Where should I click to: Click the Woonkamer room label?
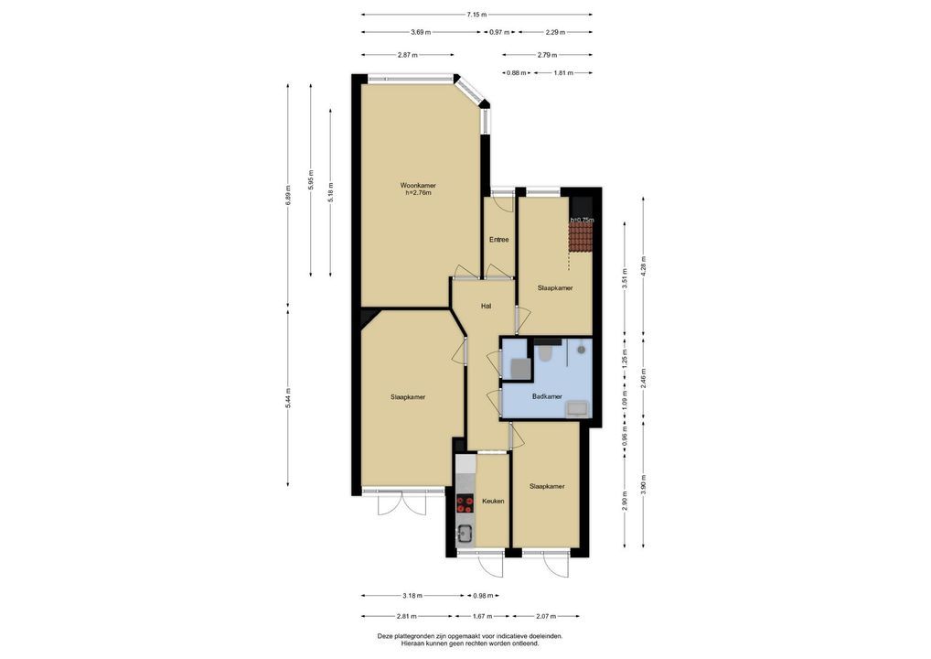point(417,186)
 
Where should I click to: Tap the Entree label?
point(498,240)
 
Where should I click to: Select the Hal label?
point(487,306)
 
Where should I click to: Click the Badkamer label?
point(547,396)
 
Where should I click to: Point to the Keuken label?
point(493,501)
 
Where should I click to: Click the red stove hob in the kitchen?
point(465,504)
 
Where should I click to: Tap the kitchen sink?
point(465,535)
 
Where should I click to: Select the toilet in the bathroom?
point(546,353)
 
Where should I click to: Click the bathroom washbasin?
point(577,408)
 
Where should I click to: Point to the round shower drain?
point(582,350)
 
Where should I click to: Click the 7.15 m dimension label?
point(476,15)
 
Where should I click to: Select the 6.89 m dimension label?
point(288,196)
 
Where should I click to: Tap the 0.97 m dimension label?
point(497,32)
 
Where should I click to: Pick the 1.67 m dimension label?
point(482,616)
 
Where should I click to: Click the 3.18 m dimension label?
point(412,596)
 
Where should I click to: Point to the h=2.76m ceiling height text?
point(418,192)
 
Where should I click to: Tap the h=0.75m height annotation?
point(582,220)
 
